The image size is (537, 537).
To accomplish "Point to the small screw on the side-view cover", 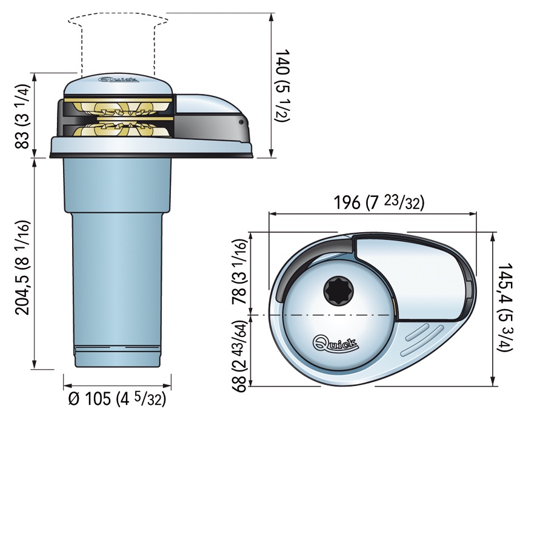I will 242,123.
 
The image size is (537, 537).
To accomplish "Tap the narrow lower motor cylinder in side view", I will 118,291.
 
